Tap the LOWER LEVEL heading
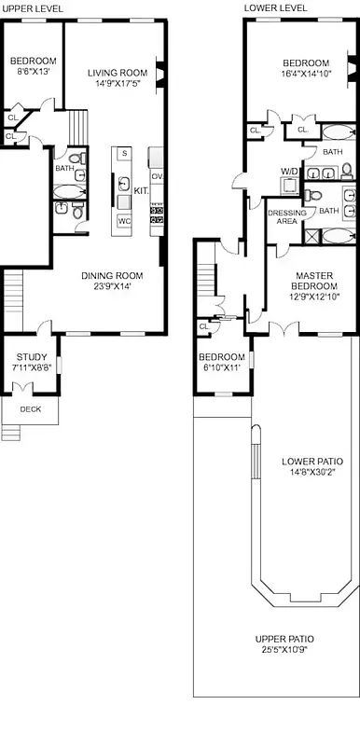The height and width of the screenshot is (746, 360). click(x=275, y=7)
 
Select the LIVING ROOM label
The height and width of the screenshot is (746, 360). click(x=118, y=73)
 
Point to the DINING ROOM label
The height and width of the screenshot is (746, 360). click(x=111, y=275)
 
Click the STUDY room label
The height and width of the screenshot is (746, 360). click(x=29, y=356)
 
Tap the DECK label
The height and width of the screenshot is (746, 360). click(x=30, y=408)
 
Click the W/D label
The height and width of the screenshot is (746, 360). click(x=290, y=171)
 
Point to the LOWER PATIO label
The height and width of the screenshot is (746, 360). click(x=312, y=462)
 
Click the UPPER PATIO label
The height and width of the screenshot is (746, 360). click(x=284, y=639)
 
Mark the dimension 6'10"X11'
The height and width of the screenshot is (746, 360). click(x=222, y=367)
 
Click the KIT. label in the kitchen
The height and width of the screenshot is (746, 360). click(x=141, y=190)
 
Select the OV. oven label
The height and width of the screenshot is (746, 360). click(x=158, y=175)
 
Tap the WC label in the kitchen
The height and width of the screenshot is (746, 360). click(x=124, y=221)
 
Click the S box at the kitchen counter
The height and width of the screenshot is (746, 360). click(x=123, y=152)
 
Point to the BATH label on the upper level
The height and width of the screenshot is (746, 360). click(x=63, y=169)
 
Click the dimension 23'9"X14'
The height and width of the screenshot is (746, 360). click(x=111, y=286)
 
